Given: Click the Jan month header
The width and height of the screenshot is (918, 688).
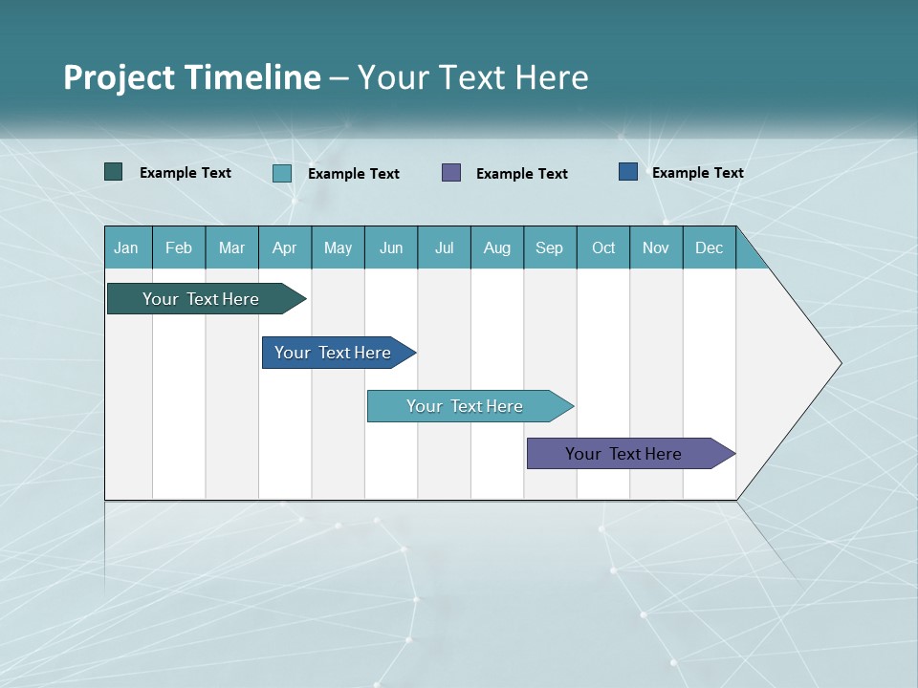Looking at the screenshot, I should pos(126,247).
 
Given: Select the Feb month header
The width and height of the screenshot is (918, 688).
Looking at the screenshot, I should pos(179,247).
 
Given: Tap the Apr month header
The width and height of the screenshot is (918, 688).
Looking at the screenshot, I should pos(284,247).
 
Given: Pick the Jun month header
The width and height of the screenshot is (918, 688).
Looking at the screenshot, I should pos(391,247).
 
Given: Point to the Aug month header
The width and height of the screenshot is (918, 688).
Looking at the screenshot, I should pos(496,247).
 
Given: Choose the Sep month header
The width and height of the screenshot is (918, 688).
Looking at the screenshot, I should pos(549,247).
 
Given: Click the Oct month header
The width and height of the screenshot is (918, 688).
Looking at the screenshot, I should pos(603,247).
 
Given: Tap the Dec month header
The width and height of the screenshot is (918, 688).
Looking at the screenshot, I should pos(709,247).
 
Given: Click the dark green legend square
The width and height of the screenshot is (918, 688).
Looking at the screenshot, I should pos(114,172).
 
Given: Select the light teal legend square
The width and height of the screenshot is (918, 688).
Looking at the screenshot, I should pos(282,173).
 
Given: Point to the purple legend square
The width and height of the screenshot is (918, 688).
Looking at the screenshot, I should pos(451,173).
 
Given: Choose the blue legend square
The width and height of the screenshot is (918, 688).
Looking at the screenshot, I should pos(628,172).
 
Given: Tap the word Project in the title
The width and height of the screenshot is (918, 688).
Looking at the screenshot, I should pos(118,77).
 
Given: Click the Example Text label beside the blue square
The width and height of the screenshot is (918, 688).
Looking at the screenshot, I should pos(697,172).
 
